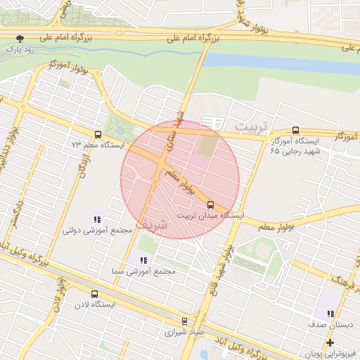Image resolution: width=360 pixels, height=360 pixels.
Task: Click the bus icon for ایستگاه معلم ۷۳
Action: point(98,134)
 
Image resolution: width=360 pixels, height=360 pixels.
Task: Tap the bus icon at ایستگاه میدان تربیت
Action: point(210,205)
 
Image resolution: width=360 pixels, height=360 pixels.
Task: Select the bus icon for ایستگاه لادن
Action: point(94,294)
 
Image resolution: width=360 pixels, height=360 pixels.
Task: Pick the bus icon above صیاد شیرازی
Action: point(185,320)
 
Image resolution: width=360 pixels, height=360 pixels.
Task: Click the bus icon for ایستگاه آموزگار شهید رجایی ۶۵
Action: point(295,130)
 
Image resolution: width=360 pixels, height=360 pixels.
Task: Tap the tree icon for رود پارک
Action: point(20,39)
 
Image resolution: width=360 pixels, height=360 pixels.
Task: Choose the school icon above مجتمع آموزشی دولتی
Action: point(97,219)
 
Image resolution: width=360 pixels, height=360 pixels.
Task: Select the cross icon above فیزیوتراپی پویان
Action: point(330,342)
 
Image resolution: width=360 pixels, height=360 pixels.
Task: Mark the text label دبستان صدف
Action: point(330,325)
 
